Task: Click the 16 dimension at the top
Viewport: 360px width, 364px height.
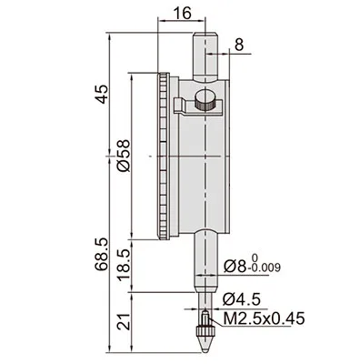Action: coord(183,13)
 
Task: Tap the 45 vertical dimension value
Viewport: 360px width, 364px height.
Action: coord(102,94)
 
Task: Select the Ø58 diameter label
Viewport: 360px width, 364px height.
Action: coord(124,156)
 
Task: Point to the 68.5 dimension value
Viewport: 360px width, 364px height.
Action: coord(102,254)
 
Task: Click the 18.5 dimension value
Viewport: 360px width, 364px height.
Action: coord(125,266)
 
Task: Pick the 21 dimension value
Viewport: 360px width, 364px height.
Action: coord(125,321)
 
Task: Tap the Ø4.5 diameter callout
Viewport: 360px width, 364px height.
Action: coord(242,300)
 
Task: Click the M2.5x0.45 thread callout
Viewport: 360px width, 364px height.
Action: coord(264,318)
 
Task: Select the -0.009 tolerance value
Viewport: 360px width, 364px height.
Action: coord(264,268)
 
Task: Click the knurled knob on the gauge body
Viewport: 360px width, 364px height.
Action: coord(205,101)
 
